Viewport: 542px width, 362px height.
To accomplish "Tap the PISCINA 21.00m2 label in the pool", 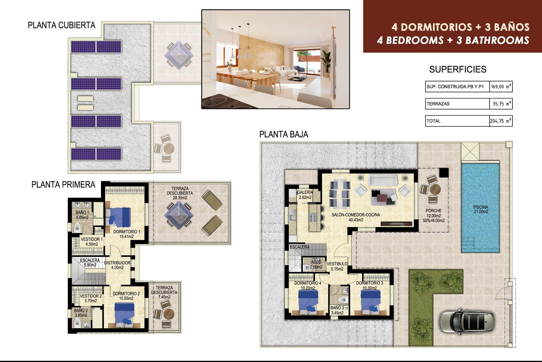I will pos(481,209).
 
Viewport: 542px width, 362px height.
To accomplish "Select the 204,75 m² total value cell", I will pos(501,121).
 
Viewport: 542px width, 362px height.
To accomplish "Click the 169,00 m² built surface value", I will pos(501,87).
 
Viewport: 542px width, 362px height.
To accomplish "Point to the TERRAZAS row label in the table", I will pos(438,104).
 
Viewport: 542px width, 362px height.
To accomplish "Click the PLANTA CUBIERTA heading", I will pos(62,25).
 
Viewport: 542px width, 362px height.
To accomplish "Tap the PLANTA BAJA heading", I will pos(283,134).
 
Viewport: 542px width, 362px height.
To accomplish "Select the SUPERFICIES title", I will pos(458,69).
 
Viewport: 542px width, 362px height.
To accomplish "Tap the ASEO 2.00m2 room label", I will pos(316,264).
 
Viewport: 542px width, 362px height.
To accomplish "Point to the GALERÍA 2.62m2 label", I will pos(305,195).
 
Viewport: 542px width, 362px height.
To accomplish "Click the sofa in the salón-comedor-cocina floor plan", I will pos(383,180).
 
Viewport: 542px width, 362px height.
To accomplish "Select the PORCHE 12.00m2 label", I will pos(434,215).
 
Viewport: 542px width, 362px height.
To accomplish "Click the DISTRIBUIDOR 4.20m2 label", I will pos(117,265).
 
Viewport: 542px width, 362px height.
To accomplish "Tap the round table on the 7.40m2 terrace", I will pos(169,314).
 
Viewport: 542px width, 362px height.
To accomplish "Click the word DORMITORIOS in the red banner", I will pos(436,27).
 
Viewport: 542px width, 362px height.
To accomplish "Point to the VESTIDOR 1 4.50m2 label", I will pos(91,242).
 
